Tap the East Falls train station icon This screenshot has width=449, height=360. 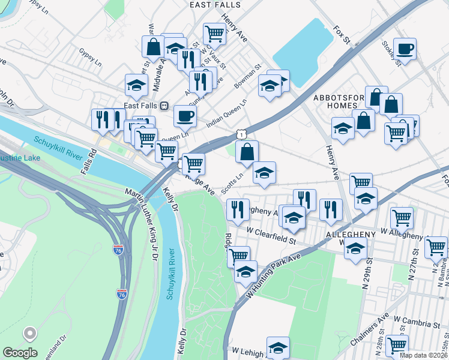[163, 106]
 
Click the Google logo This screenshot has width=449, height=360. [20, 353]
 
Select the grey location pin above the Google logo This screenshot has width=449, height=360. [29, 335]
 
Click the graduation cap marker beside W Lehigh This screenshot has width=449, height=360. [277, 347]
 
